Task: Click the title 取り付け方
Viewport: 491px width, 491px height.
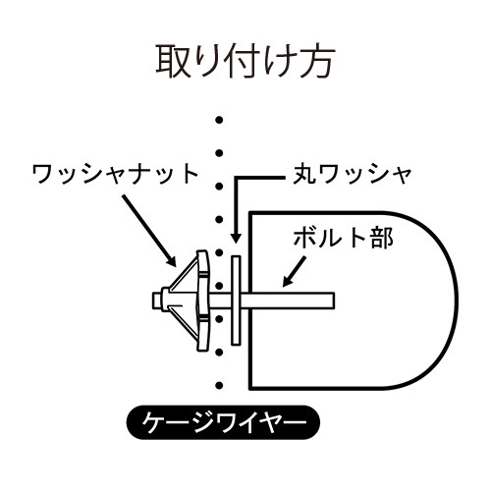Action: [x=245, y=62]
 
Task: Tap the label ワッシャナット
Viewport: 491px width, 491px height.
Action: [x=116, y=174]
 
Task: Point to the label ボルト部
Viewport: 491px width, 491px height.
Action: [x=343, y=238]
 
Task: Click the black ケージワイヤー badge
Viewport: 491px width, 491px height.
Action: [x=223, y=422]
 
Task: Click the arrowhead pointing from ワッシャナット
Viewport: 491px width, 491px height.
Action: [x=171, y=260]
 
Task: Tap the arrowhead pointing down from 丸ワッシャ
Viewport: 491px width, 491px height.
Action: [x=236, y=237]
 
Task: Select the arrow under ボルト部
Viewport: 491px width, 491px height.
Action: [x=295, y=272]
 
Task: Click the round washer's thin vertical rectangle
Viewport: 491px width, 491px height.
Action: [x=236, y=300]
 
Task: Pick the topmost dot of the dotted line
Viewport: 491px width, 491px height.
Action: [x=219, y=120]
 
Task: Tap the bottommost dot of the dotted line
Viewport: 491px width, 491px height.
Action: [x=219, y=385]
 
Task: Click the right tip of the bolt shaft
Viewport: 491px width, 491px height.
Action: [x=334, y=300]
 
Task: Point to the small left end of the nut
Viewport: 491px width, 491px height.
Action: [x=157, y=300]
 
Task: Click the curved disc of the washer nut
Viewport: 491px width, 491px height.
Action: [x=202, y=300]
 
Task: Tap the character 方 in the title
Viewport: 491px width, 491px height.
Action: [x=317, y=62]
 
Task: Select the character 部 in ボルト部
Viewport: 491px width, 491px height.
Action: [x=383, y=238]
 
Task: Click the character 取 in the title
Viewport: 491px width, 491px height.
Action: [x=174, y=62]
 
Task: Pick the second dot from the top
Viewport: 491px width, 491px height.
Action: [x=219, y=153]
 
